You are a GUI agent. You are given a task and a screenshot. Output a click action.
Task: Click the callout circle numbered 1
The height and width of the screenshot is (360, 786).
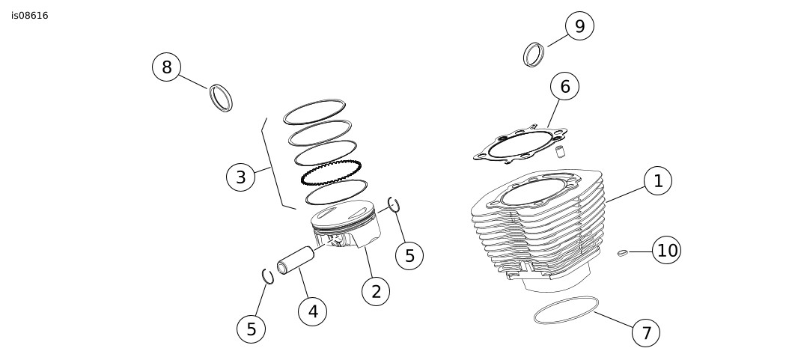point(657,180)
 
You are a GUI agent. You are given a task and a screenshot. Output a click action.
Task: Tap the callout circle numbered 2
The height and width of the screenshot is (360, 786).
point(376,291)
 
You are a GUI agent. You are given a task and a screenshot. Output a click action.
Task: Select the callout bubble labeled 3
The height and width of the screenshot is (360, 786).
point(240,177)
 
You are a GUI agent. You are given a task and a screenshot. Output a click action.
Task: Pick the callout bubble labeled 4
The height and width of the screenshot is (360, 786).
point(312,311)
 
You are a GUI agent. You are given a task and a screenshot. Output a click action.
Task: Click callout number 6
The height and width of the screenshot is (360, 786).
point(564,87)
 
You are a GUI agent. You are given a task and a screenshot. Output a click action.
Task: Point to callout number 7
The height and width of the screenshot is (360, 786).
point(646,332)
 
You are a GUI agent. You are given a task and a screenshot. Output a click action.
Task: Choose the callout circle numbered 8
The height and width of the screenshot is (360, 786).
point(166,67)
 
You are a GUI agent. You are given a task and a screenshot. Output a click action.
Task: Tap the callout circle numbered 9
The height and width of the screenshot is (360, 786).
point(579,26)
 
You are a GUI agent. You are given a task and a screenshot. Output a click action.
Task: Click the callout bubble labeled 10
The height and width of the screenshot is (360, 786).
point(666,250)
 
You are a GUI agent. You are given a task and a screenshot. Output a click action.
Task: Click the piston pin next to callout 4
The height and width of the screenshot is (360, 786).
point(296,260)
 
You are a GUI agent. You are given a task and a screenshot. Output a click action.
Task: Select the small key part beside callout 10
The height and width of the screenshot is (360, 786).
point(621,253)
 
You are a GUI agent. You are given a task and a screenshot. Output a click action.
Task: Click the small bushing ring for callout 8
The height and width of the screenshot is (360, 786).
point(221,98)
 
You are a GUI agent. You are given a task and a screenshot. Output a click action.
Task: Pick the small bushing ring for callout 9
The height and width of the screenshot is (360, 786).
point(533,55)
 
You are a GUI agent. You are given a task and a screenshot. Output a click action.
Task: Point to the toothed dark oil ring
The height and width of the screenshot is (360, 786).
point(331,173)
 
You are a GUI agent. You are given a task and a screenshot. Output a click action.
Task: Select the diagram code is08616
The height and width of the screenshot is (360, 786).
point(30,16)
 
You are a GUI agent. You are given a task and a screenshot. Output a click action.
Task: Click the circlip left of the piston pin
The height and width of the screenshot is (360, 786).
point(267,276)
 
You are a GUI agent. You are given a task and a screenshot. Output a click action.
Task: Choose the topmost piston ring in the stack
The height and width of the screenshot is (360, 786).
point(314,111)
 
